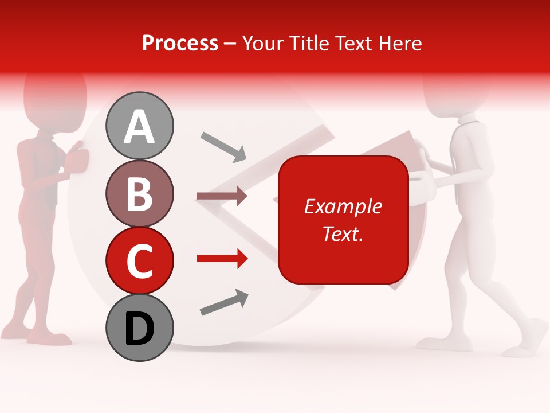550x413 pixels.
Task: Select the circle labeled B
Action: [x=139, y=193]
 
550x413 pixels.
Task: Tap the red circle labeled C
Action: [x=139, y=260]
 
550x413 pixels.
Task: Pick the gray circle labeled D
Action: [x=139, y=328]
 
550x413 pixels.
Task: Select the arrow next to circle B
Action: [x=222, y=196]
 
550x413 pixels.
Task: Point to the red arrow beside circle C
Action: [x=222, y=259]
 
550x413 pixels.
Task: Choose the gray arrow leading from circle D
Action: [x=224, y=302]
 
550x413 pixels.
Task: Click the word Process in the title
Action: [x=180, y=43]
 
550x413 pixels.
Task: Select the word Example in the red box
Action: [x=343, y=206]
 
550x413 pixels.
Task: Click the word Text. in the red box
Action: [x=343, y=233]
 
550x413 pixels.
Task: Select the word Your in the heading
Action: [x=263, y=43]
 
